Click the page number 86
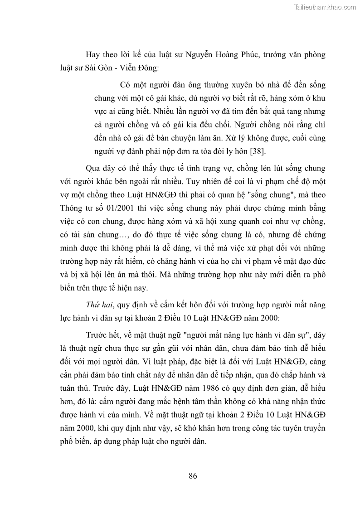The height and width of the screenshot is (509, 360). tap(193, 475)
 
